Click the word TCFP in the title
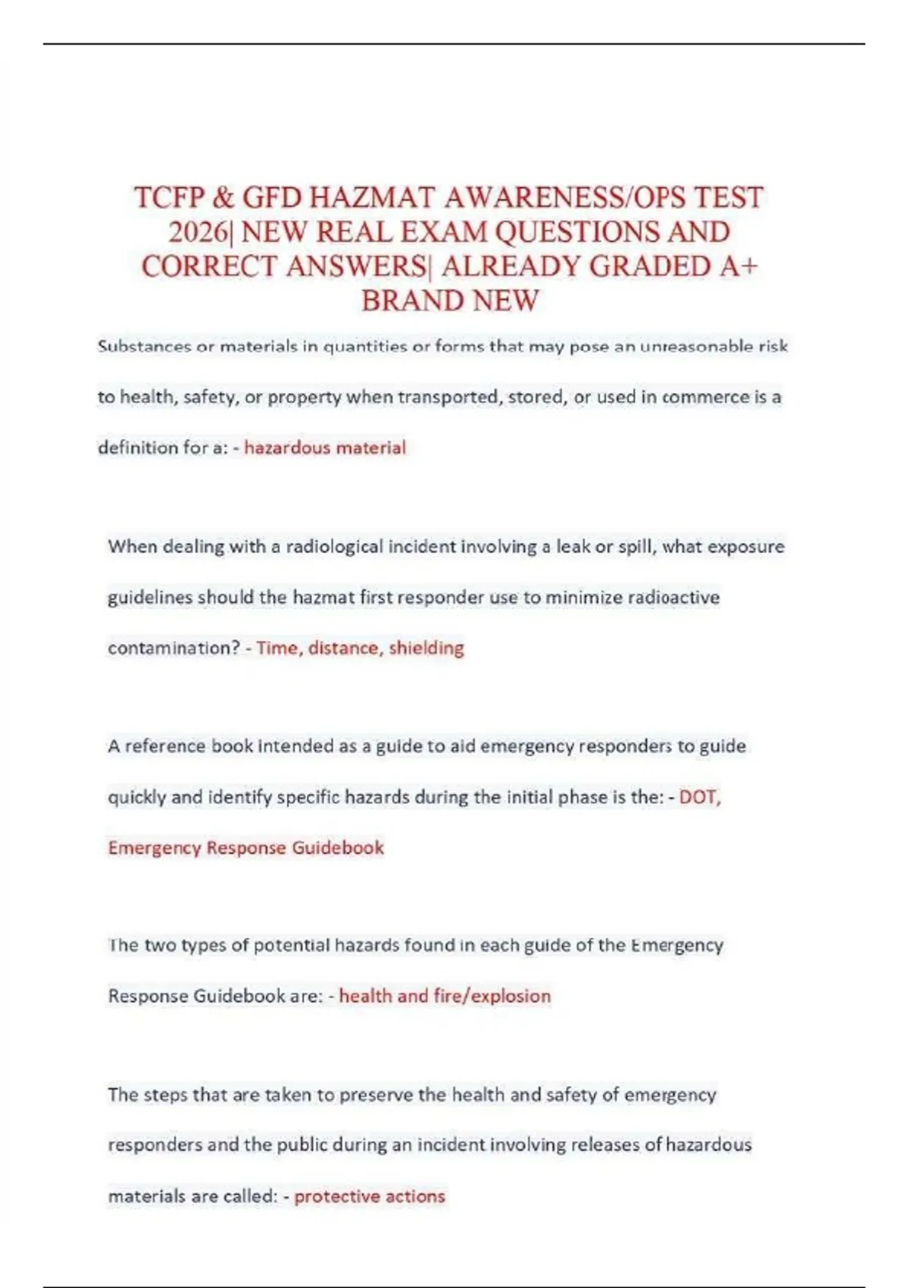[x=169, y=198]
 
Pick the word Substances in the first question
[x=144, y=347]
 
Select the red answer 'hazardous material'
[x=325, y=448]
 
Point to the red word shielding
[x=426, y=648]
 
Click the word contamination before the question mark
[x=173, y=648]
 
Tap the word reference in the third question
[x=164, y=746]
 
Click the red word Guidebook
[x=338, y=847]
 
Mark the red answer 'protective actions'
[x=370, y=1196]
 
